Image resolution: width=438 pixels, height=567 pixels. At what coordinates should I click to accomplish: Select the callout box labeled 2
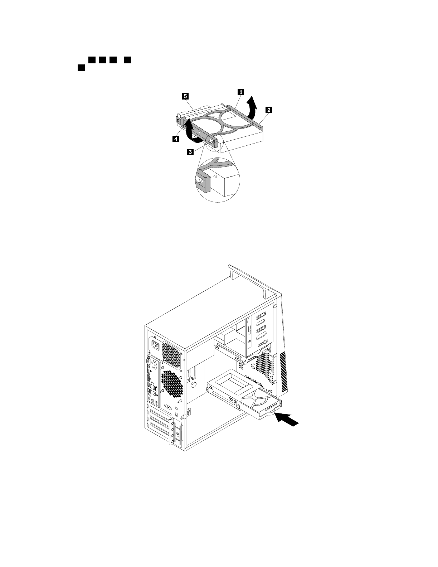pyautogui.click(x=268, y=110)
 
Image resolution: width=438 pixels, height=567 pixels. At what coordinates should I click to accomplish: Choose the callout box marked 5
pyautogui.click(x=185, y=96)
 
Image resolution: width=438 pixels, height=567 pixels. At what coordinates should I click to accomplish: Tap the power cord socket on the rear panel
pyautogui.click(x=155, y=346)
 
